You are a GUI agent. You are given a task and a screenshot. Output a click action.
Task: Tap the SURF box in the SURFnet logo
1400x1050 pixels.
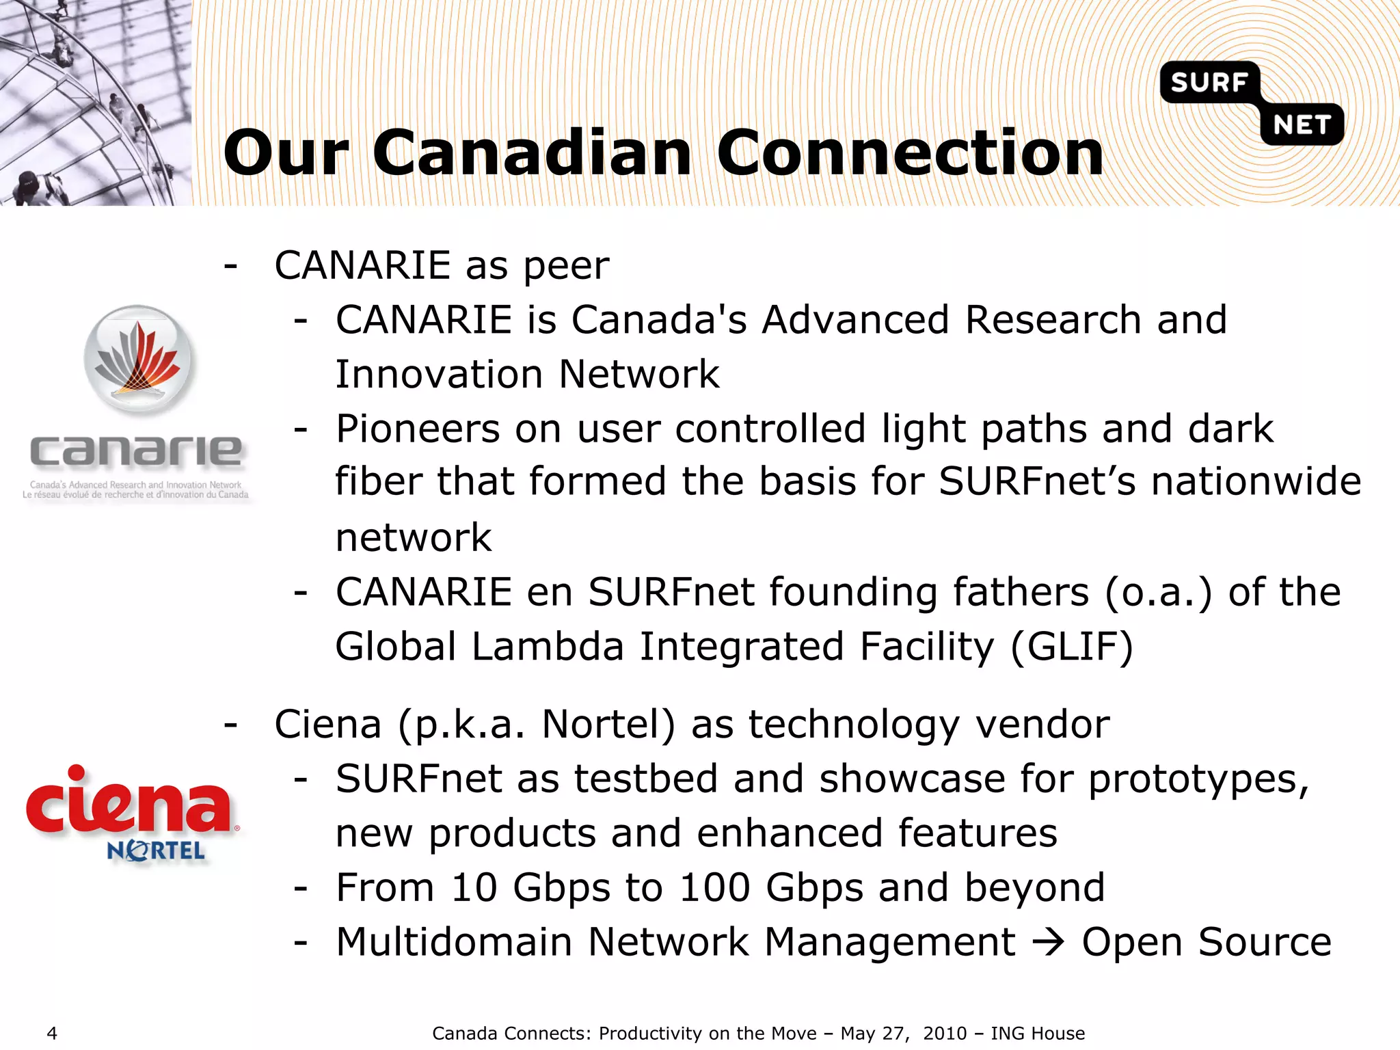[1209, 82]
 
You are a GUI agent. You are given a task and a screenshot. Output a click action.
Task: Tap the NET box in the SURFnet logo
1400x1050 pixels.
[1302, 125]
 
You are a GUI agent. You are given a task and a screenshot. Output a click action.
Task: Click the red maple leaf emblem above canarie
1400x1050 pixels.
[139, 359]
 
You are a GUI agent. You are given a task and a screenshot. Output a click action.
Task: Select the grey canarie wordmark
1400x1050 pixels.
[136, 452]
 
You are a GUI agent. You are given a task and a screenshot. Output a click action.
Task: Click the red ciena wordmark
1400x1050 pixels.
[129, 805]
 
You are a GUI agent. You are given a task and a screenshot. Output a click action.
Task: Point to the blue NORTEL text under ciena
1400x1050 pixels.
[156, 850]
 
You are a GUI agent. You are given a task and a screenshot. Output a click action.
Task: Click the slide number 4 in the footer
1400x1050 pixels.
[52, 1033]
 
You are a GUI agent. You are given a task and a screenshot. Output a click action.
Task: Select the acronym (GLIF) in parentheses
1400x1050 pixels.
[1071, 646]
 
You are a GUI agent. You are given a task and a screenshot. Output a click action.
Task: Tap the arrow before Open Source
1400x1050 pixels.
[1048, 943]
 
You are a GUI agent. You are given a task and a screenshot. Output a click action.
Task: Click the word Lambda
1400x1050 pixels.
[548, 646]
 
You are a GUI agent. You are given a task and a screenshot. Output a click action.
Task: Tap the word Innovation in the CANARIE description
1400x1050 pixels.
[439, 375]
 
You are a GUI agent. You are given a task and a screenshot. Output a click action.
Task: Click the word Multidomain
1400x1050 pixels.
[453, 942]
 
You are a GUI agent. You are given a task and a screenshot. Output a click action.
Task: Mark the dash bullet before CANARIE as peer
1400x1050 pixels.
[231, 265]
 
